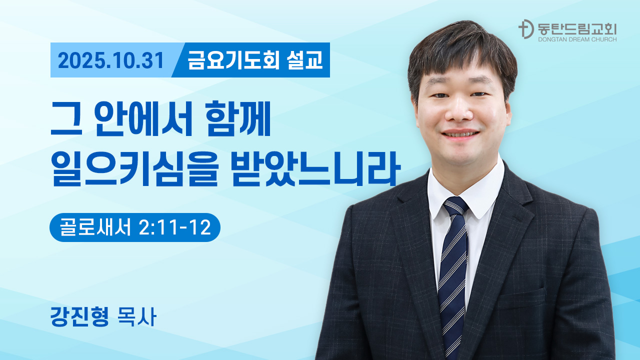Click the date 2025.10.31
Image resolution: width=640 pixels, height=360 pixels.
pyautogui.click(x=111, y=60)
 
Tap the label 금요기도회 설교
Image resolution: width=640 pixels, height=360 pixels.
pyautogui.click(x=255, y=60)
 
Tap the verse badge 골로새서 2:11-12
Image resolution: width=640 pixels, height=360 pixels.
pyautogui.click(x=134, y=227)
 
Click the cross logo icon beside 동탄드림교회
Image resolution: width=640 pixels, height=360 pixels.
pyautogui.click(x=525, y=30)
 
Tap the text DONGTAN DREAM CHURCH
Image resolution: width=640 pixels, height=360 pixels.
pyautogui.click(x=577, y=39)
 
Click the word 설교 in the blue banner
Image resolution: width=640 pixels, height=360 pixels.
pyautogui.click(x=305, y=60)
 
